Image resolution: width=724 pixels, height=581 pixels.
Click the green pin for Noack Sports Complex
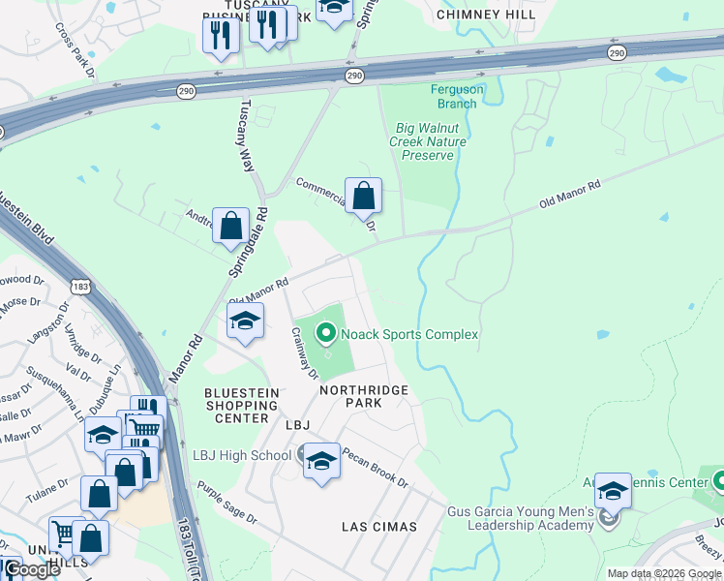pyautogui.click(x=326, y=334)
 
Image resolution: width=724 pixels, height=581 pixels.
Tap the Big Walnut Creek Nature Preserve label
pyautogui.click(x=427, y=141)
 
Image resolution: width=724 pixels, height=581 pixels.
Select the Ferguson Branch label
pyautogui.click(x=457, y=97)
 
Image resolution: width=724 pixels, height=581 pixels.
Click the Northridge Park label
pyautogui.click(x=364, y=396)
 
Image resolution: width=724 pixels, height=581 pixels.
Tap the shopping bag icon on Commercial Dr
pyautogui.click(x=363, y=197)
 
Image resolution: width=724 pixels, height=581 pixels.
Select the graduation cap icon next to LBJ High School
pyautogui.click(x=321, y=462)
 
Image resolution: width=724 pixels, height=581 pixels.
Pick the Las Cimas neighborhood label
pyautogui.click(x=379, y=527)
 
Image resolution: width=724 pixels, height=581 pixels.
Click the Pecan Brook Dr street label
pyautogui.click(x=375, y=468)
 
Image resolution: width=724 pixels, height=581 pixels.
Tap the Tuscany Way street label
pyautogui.click(x=247, y=136)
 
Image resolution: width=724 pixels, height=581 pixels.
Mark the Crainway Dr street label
pyautogui.click(x=306, y=352)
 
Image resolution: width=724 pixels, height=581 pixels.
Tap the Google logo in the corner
pyautogui.click(x=31, y=569)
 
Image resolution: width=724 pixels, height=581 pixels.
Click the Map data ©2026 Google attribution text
pyautogui.click(x=663, y=573)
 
